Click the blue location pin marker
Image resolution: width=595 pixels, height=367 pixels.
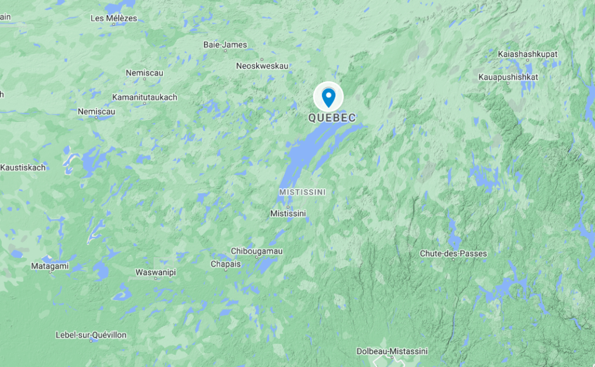click(328, 97)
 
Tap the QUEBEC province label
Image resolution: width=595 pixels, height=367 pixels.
click(332, 118)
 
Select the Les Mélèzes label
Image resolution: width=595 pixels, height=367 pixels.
click(114, 18)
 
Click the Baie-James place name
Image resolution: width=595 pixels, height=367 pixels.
click(225, 45)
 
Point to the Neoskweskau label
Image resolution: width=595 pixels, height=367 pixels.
click(262, 66)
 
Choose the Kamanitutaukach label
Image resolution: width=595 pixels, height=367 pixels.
click(145, 97)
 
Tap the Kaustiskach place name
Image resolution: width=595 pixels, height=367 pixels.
click(23, 168)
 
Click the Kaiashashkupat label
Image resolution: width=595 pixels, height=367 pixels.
click(528, 54)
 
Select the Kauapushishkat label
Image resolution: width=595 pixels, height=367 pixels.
click(508, 77)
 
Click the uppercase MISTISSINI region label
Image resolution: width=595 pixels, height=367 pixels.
click(302, 192)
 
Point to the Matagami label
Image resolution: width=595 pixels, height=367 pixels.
click(49, 266)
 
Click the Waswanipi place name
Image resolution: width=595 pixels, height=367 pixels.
click(156, 272)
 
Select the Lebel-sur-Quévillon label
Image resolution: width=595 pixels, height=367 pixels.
click(91, 335)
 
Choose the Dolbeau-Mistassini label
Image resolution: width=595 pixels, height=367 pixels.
click(392, 351)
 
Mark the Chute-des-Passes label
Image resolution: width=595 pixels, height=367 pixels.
click(453, 254)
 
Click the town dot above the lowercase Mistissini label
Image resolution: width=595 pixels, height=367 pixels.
click(288, 206)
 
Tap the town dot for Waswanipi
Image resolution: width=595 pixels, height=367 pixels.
click(156, 279)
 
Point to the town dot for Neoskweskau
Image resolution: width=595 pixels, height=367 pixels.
click(262, 59)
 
